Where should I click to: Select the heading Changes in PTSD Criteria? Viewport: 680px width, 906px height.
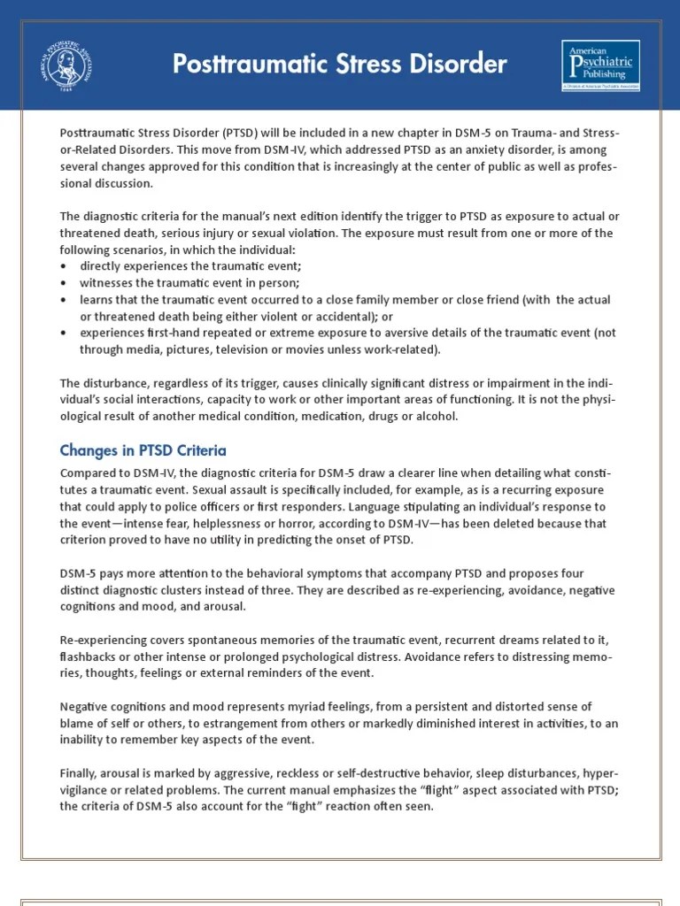click(143, 450)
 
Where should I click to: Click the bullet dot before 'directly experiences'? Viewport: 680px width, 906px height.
click(64, 266)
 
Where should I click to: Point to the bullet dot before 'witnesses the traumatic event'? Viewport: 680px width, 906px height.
click(64, 283)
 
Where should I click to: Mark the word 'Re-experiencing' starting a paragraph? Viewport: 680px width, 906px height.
click(102, 640)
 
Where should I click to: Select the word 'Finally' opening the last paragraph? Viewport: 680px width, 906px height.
click(79, 772)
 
